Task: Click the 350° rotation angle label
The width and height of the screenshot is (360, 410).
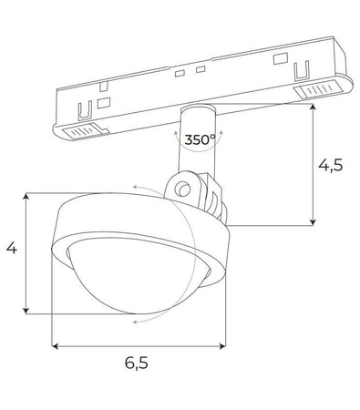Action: click(200, 140)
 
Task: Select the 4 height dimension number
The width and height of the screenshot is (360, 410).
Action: click(11, 247)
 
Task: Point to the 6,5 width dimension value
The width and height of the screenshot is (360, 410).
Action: click(136, 363)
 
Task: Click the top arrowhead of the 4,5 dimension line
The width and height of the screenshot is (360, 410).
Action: click(314, 108)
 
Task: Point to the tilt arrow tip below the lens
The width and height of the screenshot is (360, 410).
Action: click(133, 322)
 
